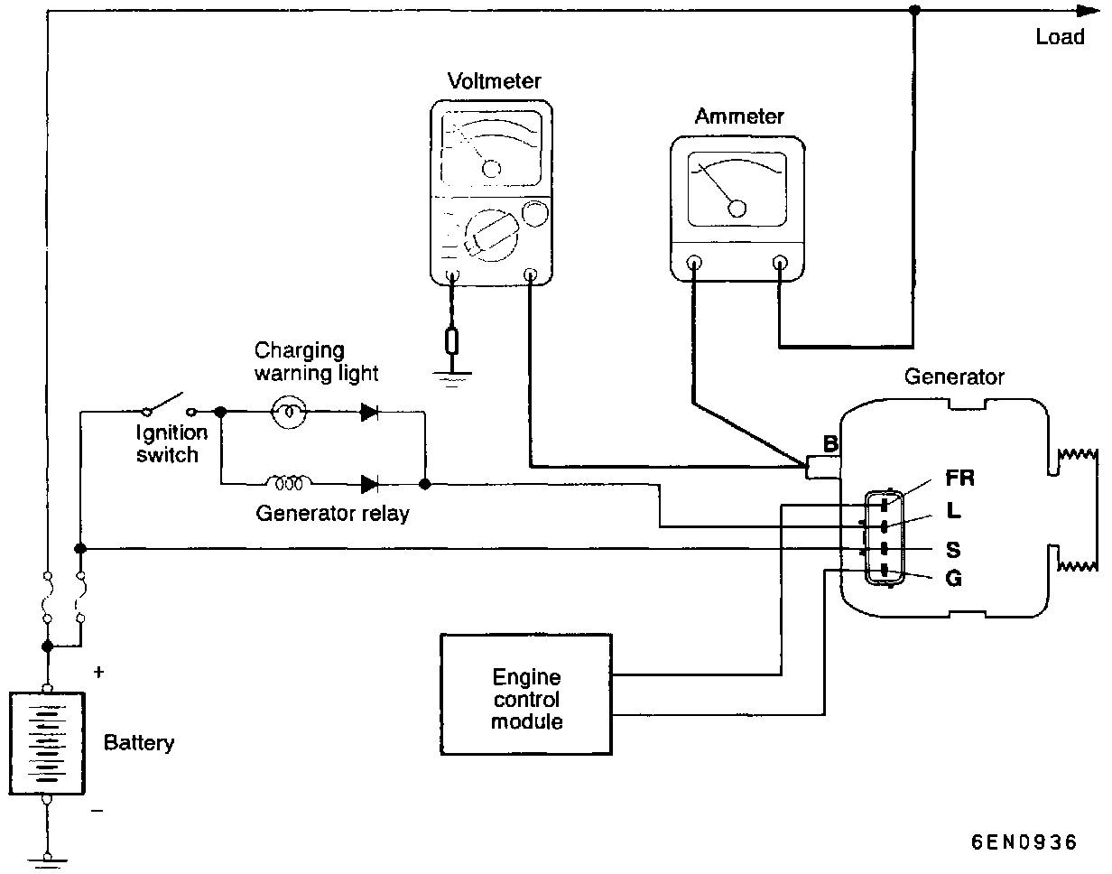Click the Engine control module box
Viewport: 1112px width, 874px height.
526,694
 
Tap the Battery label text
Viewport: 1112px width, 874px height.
139,743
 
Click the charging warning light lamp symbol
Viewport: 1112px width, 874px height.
289,412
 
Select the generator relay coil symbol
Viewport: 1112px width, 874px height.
289,482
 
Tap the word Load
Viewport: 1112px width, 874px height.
1060,37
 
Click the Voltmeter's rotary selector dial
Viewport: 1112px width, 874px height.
491,236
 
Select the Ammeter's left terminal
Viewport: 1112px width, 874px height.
694,263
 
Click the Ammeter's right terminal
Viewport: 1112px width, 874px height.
779,263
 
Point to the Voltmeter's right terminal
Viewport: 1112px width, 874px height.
531,274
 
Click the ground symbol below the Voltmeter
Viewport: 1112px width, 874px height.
452,378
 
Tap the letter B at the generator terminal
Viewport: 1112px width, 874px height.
830,443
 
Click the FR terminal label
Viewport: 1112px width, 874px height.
959,478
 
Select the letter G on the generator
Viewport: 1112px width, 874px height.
953,578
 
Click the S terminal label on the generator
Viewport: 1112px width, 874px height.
953,550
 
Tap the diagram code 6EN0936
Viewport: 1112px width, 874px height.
1024,842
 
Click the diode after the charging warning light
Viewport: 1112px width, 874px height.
369,412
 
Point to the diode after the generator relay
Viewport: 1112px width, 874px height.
369,484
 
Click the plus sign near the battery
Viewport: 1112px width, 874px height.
98,672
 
